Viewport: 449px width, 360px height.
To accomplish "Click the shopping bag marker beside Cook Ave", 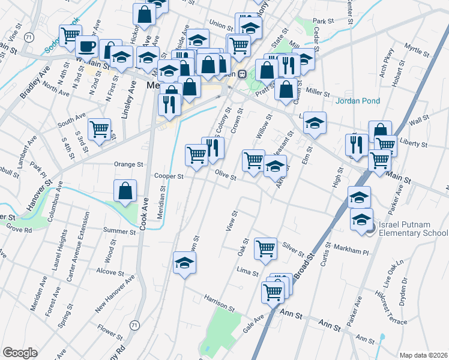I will point(125,191).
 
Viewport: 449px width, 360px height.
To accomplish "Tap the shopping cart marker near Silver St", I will point(265,248).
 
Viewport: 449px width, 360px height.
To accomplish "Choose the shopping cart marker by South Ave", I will point(99,129).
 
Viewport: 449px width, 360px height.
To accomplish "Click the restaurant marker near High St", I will point(357,145).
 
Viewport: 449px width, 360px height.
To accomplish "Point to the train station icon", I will point(243,74).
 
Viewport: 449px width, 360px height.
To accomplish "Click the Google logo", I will point(20,353).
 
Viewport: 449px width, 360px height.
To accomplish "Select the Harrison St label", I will point(218,303).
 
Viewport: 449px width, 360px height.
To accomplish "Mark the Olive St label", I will point(226,175).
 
